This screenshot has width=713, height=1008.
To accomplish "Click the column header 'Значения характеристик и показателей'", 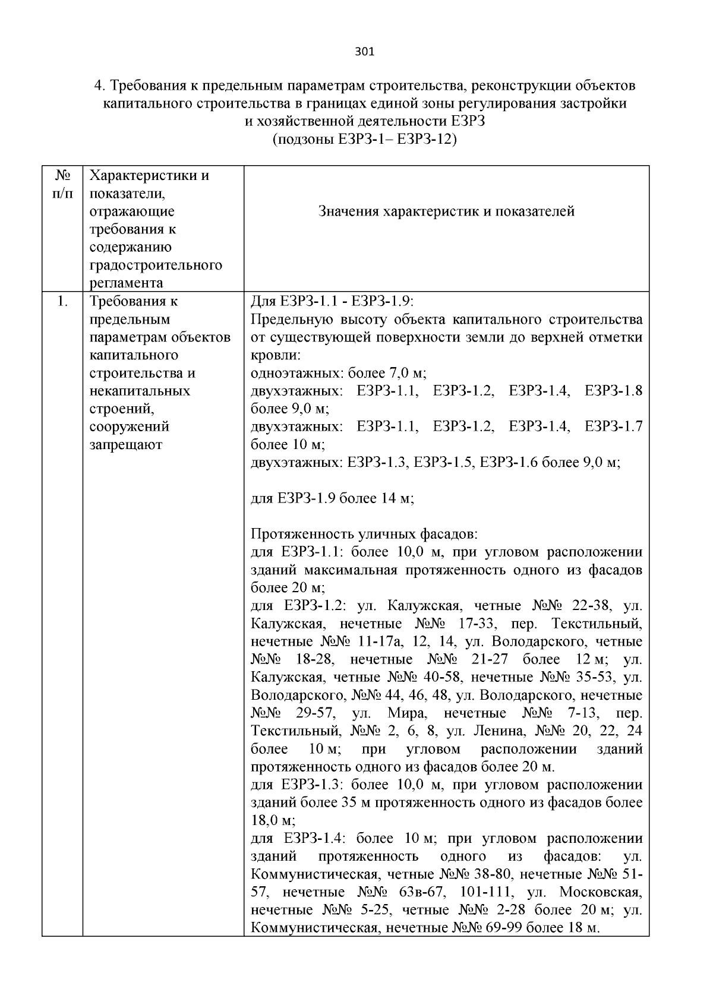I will (446, 211).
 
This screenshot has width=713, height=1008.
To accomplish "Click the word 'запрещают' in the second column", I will (125, 445).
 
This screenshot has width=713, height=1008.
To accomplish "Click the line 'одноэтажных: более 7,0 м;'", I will (339, 374).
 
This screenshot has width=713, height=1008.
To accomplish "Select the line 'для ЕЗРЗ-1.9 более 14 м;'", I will (332, 498).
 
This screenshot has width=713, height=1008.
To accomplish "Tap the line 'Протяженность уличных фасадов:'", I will (364, 534).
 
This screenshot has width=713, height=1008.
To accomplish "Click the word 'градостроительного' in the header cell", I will (156, 265).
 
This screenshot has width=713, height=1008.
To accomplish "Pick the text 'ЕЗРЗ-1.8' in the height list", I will (613, 391).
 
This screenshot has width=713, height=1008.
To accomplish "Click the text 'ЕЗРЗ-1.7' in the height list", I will (613, 426).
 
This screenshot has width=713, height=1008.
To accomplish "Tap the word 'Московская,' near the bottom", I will (600, 892).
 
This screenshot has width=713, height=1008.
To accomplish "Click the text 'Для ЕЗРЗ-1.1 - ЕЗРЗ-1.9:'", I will (336, 302).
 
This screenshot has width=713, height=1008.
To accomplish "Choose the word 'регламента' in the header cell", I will (126, 283).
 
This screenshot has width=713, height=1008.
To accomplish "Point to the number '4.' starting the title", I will (100, 86).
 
